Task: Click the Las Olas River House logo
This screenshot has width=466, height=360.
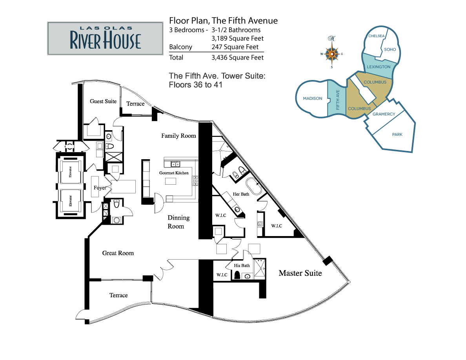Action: click(x=105, y=38)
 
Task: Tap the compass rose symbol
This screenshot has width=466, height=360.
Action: click(x=332, y=53)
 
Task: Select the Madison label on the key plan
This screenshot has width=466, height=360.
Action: click(x=312, y=98)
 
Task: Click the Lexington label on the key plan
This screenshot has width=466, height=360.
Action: click(x=378, y=67)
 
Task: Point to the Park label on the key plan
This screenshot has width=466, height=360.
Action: click(x=397, y=135)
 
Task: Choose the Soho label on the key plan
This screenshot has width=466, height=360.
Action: click(x=390, y=49)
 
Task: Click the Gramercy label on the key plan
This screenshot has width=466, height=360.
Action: click(x=384, y=114)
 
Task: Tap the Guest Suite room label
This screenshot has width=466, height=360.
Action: click(x=103, y=101)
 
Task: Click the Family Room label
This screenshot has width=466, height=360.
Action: click(x=178, y=136)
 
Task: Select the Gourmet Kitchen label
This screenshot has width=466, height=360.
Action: click(x=174, y=173)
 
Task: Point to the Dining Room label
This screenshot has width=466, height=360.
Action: click(x=178, y=222)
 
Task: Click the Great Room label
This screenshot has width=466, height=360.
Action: click(x=118, y=253)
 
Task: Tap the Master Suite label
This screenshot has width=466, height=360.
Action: click(x=300, y=273)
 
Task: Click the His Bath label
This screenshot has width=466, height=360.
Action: click(x=242, y=265)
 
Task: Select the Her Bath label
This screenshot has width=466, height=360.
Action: click(x=241, y=194)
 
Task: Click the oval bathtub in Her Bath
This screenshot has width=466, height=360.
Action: click(x=254, y=187)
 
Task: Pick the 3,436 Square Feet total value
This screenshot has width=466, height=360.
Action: click(x=237, y=58)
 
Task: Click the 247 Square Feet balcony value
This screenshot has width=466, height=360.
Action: click(x=235, y=47)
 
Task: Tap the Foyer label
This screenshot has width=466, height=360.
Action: click(x=100, y=188)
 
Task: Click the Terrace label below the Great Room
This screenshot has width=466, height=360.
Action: click(x=118, y=295)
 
